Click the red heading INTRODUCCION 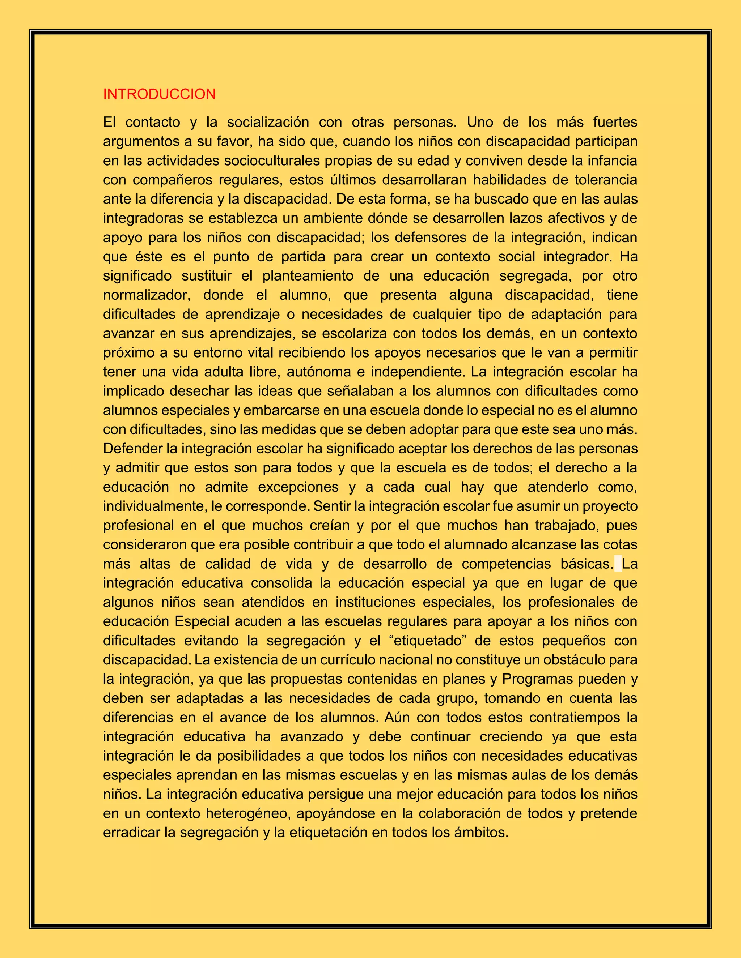tap(159, 94)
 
